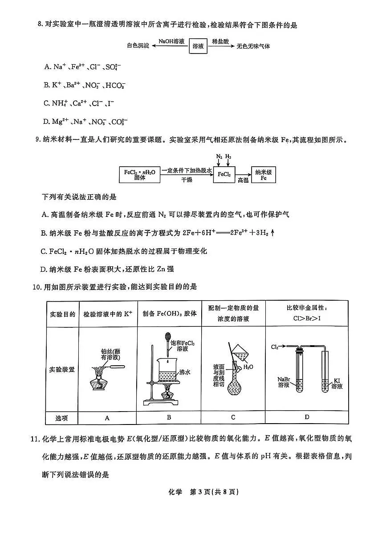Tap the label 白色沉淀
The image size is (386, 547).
138,46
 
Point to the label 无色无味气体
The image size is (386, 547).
254,46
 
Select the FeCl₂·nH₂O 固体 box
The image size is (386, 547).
140,174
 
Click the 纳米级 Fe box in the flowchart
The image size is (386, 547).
264,174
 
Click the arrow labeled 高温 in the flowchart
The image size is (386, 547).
243,175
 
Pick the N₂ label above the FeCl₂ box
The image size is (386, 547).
219,157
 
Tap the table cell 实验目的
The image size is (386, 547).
62,314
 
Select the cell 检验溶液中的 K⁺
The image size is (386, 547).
108,314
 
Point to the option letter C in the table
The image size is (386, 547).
233,417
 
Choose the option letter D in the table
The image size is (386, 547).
307,417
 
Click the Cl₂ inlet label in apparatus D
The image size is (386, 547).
275,347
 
